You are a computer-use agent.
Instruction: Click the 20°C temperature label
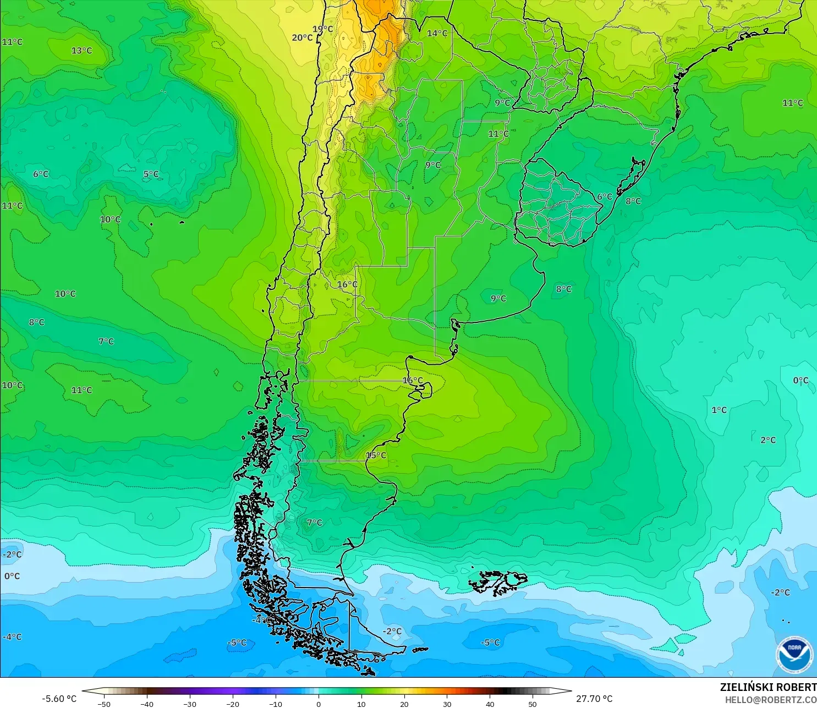click(302, 37)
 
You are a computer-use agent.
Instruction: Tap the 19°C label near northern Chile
click(323, 29)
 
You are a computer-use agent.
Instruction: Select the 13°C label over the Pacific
click(81, 51)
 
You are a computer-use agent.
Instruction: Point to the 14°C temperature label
click(437, 33)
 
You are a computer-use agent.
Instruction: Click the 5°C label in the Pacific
click(151, 174)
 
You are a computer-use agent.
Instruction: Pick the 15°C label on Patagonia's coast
click(376, 455)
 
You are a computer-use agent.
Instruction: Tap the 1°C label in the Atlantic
click(719, 410)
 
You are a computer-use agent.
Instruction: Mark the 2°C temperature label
click(768, 440)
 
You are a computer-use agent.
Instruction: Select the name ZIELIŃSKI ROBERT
click(768, 687)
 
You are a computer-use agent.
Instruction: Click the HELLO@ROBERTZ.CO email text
click(770, 700)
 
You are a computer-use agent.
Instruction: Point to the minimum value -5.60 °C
click(59, 699)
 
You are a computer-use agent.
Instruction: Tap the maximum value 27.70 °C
click(594, 699)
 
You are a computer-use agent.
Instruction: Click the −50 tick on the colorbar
click(103, 704)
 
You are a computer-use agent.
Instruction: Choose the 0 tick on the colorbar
click(319, 704)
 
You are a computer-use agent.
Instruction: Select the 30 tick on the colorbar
click(447, 704)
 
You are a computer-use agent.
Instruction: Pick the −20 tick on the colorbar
click(233, 704)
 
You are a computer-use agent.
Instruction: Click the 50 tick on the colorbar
click(533, 704)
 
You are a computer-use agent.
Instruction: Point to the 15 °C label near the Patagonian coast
click(376, 455)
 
